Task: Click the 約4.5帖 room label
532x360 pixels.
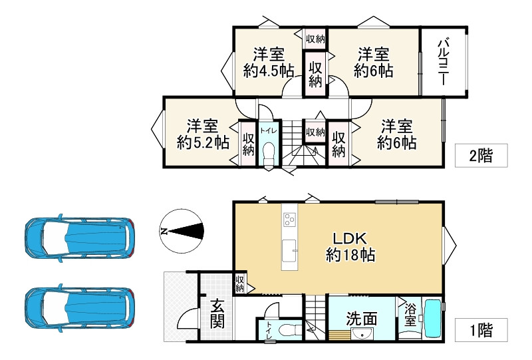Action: click(269, 63)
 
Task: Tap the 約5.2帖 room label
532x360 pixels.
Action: click(203, 134)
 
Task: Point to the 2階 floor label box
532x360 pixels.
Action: click(481, 156)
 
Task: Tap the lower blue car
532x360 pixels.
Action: click(79, 309)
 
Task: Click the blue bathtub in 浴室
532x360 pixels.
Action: click(432, 320)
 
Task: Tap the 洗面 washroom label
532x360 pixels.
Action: click(362, 319)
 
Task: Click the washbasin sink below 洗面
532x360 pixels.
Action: click(362, 335)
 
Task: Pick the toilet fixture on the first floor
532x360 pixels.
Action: click(289, 331)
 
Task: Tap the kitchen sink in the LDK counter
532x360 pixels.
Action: click(290, 252)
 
